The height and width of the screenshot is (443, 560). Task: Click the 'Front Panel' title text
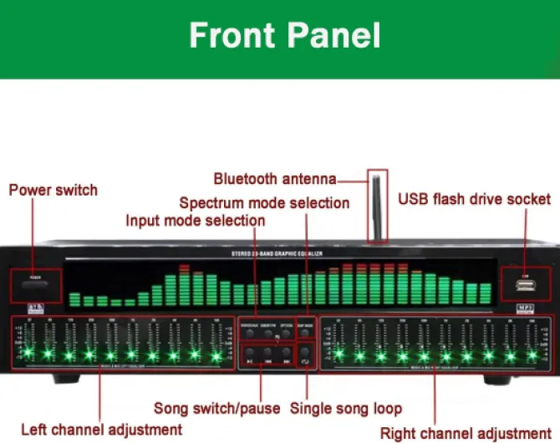[284, 36]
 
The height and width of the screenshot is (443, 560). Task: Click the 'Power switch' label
[53, 190]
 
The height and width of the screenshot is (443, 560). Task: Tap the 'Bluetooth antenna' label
[274, 178]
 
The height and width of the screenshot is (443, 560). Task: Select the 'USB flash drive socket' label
[474, 199]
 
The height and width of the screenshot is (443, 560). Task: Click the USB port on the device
[525, 286]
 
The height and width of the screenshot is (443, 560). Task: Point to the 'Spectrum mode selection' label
[264, 203]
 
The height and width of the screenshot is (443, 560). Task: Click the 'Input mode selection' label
[195, 221]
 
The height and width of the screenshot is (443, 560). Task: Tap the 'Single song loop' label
[345, 409]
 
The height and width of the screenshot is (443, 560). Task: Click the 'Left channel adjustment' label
[101, 429]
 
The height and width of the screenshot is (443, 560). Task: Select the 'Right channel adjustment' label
[465, 432]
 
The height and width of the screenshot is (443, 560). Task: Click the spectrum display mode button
[306, 332]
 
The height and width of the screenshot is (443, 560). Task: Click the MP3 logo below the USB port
[524, 308]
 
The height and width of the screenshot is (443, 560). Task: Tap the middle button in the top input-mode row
[267, 332]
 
